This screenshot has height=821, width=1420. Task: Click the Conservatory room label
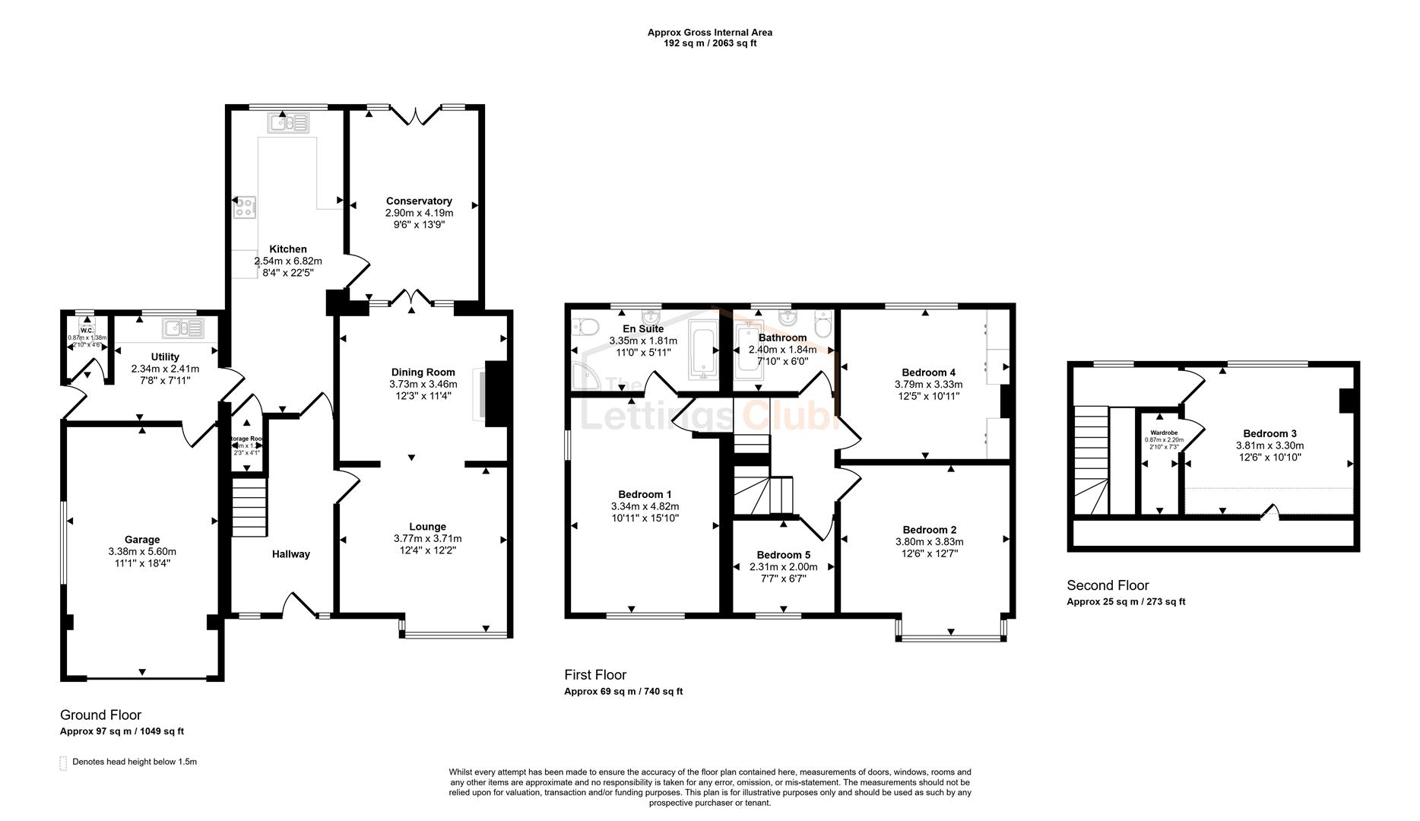pyautogui.click(x=419, y=201)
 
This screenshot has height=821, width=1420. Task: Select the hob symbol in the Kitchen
pyautogui.click(x=245, y=207)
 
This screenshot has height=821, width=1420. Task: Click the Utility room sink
pyautogui.click(x=183, y=328)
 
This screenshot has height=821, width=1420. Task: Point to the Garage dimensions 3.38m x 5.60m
pyautogui.click(x=142, y=552)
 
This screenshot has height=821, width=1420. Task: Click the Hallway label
pyautogui.click(x=291, y=554)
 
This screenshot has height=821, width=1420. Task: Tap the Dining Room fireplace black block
pyautogui.click(x=496, y=394)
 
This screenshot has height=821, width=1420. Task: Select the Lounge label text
pyautogui.click(x=427, y=526)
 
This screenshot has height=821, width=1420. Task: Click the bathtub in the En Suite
pyautogui.click(x=702, y=350)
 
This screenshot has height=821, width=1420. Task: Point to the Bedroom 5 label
pyautogui.click(x=783, y=555)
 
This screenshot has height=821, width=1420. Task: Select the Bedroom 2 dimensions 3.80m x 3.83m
pyautogui.click(x=929, y=542)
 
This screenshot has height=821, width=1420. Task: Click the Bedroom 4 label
pyautogui.click(x=928, y=372)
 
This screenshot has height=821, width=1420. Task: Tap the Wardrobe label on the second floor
pyautogui.click(x=1164, y=433)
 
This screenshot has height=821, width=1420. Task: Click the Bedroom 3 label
pyautogui.click(x=1269, y=433)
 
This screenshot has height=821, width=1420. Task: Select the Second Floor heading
pyautogui.click(x=1108, y=585)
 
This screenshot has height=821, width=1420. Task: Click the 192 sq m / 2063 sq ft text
pyautogui.click(x=709, y=43)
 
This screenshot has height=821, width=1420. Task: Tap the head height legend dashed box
pyautogui.click(x=63, y=762)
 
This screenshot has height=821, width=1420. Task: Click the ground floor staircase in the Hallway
pyautogui.click(x=250, y=506)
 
